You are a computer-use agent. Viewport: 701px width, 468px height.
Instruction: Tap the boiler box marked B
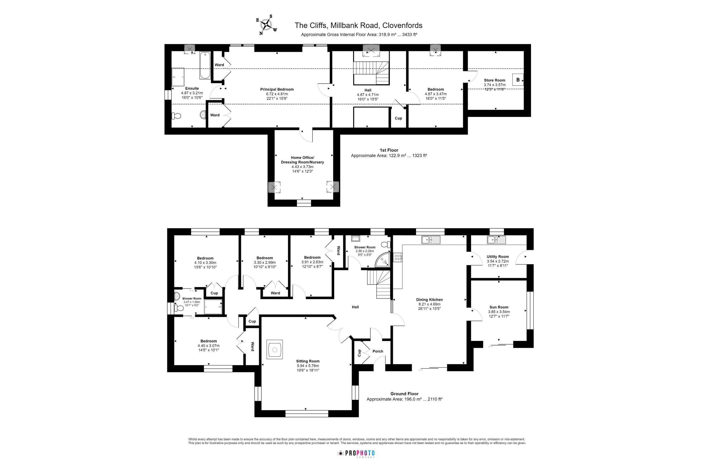(518, 80)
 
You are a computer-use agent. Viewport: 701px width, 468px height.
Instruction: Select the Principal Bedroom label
(277, 89)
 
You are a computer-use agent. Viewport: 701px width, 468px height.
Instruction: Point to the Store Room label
(494, 80)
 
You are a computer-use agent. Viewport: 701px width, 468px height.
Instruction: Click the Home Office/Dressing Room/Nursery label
(302, 160)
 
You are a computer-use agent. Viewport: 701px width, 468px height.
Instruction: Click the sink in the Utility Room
(497, 240)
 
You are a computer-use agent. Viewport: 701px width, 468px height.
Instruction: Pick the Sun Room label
(499, 307)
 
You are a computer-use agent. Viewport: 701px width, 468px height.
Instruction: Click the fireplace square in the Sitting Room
(275, 349)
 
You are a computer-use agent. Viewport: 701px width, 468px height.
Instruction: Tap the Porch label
(377, 351)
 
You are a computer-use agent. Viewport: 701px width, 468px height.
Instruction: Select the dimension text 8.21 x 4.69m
(429, 304)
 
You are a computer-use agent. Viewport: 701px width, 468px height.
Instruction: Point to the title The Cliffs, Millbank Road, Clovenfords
(358, 25)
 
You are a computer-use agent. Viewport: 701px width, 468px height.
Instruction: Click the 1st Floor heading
(389, 150)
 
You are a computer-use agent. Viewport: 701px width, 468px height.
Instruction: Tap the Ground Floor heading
(404, 394)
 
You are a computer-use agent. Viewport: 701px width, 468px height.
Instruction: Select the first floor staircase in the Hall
(372, 73)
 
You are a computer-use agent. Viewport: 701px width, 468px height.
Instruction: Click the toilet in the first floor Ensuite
(176, 116)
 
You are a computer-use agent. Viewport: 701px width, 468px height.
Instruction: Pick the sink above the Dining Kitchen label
(431, 240)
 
